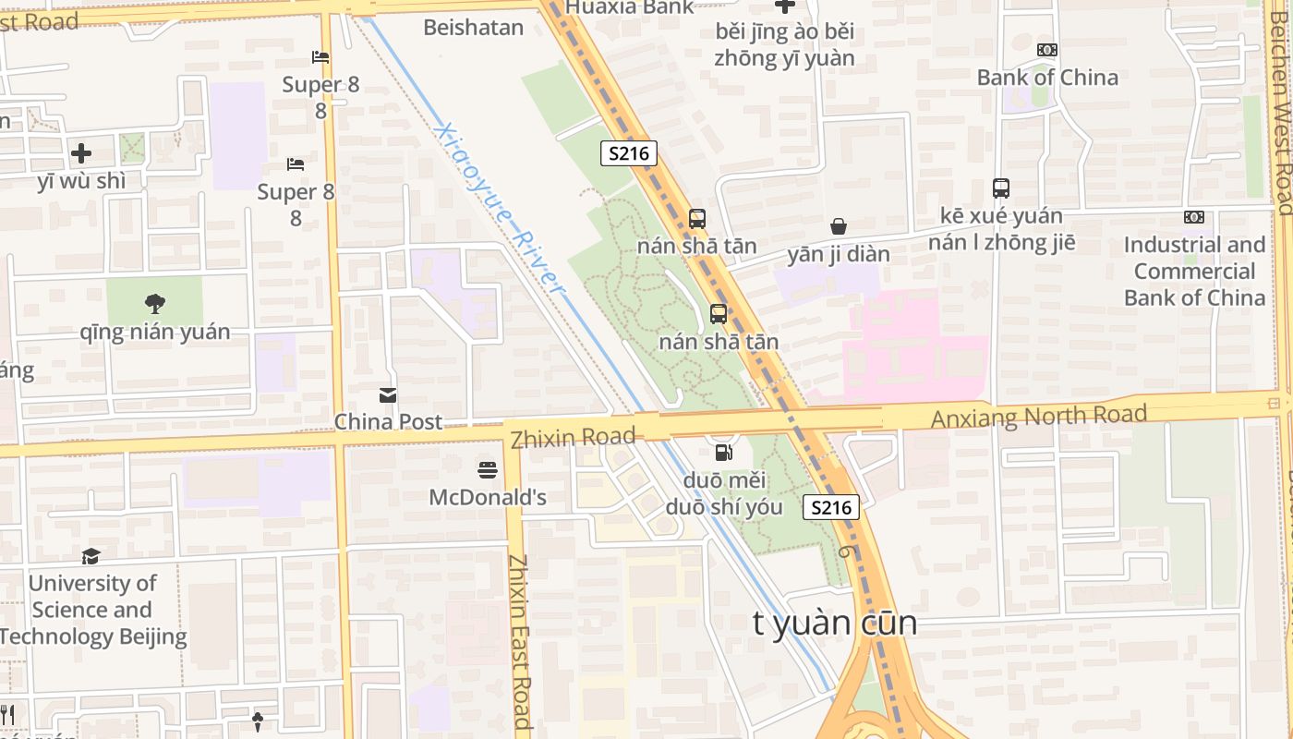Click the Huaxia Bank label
pyautogui.click(x=629, y=7)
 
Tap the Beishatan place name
pyautogui.click(x=473, y=28)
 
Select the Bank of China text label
pyautogui.click(x=1047, y=78)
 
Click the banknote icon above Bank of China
pyautogui.click(x=1047, y=50)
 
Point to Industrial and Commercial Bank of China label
pyautogui.click(x=1194, y=272)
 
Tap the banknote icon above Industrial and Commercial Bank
pyautogui.click(x=1194, y=217)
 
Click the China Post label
pyautogui.click(x=388, y=422)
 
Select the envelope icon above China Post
pyautogui.click(x=388, y=395)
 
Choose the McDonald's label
pyautogui.click(x=488, y=498)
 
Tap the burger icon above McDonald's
pyautogui.click(x=488, y=470)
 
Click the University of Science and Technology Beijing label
pyautogui.click(x=92, y=610)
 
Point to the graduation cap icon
pyautogui.click(x=91, y=556)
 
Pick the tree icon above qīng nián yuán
pyautogui.click(x=154, y=303)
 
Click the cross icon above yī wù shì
pyautogui.click(x=81, y=152)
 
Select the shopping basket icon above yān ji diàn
pyautogui.click(x=839, y=226)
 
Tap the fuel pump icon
pyautogui.click(x=724, y=453)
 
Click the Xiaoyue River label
pyautogui.click(x=499, y=209)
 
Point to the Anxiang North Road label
pyautogui.click(x=1038, y=417)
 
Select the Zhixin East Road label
pyautogui.click(x=520, y=641)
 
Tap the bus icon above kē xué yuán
pyautogui.click(x=1001, y=188)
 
